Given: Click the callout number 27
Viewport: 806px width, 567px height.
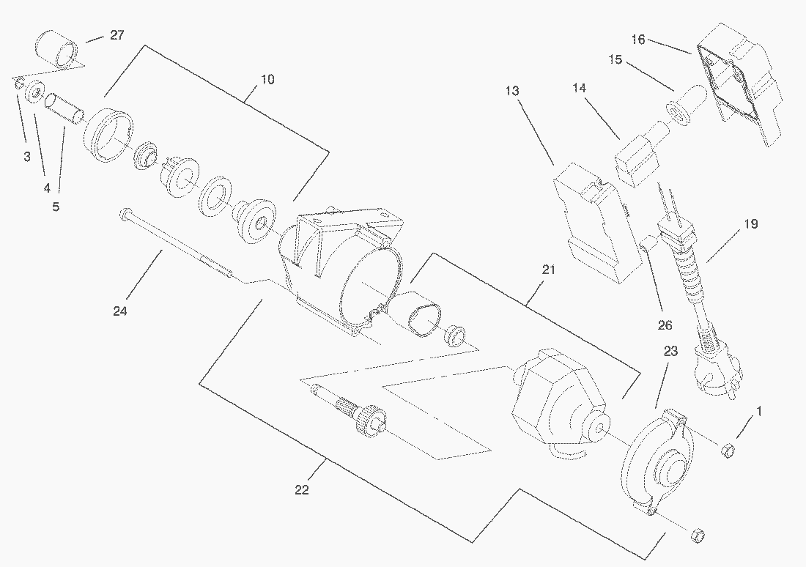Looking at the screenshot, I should [117, 35].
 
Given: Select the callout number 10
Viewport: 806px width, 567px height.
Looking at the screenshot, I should [267, 79].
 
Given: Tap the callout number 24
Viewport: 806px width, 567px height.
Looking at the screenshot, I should [120, 311].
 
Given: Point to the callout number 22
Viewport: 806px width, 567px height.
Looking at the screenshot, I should [301, 490].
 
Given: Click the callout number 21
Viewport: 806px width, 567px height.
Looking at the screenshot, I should [548, 270].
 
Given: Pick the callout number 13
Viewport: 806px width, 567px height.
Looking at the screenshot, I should [511, 91].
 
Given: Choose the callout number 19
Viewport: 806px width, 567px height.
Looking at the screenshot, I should [751, 224].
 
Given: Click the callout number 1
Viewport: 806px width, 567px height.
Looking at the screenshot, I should [758, 412].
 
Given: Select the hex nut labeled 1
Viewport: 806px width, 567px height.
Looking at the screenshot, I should [729, 449].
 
